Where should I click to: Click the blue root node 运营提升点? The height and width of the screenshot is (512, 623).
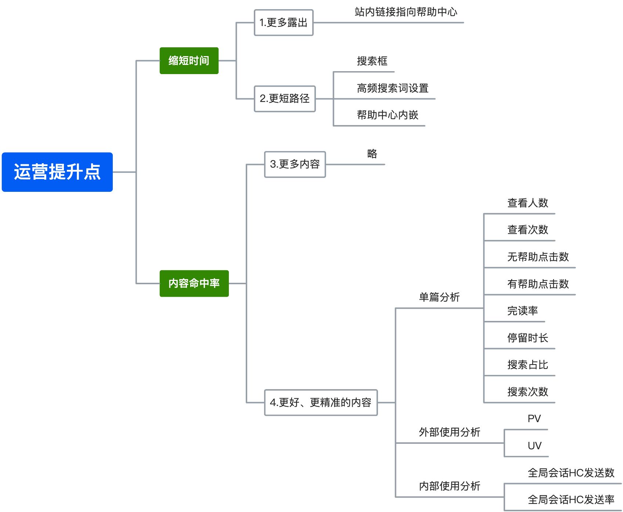tap(57, 172)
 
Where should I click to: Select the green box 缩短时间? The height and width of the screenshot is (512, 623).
tap(189, 61)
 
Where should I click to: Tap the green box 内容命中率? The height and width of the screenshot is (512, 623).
tap(194, 283)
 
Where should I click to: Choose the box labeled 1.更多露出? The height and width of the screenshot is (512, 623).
tap(284, 23)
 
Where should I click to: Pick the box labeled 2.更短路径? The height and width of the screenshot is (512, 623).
tap(285, 99)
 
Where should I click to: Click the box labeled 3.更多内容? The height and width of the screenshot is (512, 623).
tap(295, 164)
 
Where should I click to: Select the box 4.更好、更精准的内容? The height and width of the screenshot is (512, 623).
tap(321, 402)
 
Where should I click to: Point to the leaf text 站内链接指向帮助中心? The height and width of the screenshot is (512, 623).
tap(406, 12)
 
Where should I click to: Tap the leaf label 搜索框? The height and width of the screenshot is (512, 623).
tap(372, 61)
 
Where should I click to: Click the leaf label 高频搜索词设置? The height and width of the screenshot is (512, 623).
tap(393, 88)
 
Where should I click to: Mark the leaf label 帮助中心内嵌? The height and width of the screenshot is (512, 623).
tap(388, 115)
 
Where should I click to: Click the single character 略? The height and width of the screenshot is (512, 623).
tap(372, 154)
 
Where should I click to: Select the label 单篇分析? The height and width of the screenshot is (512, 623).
tap(439, 297)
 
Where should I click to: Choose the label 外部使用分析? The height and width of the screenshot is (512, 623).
tap(450, 432)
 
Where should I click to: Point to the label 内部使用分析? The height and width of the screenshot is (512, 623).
tap(450, 486)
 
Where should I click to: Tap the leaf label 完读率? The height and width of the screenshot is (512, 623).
tap(522, 311)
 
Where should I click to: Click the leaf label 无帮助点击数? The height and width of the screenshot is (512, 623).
tap(538, 257)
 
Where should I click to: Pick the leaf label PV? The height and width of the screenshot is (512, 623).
tap(534, 419)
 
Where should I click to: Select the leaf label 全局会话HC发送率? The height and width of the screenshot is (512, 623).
tap(571, 500)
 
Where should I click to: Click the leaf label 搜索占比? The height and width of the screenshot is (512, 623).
tap(527, 365)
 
